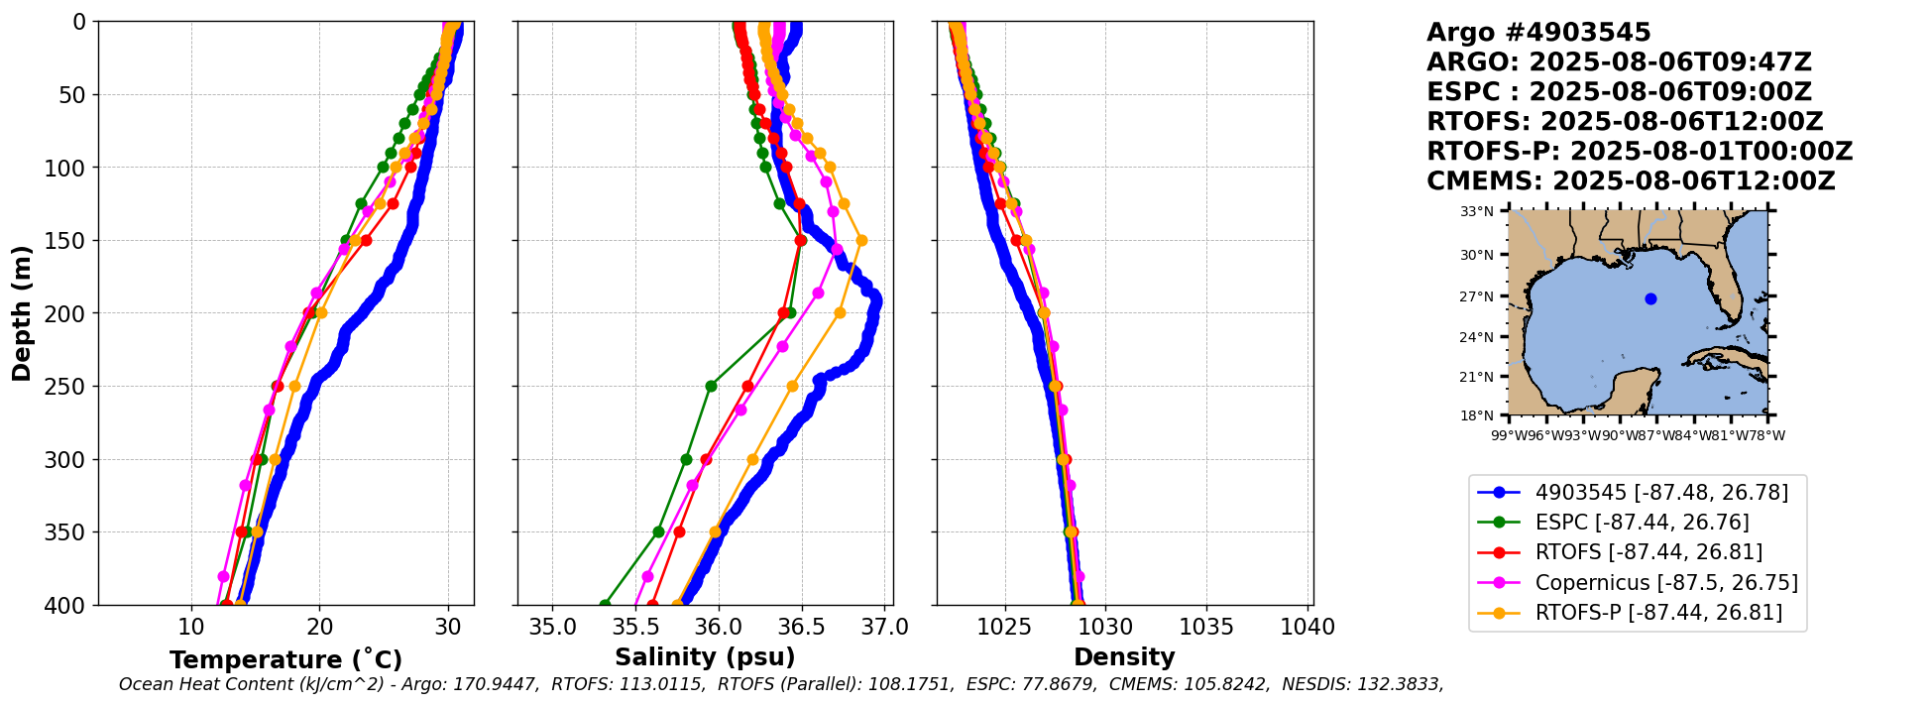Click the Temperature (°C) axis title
[x=285, y=659]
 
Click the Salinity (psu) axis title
[x=705, y=657]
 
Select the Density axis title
[x=1124, y=657]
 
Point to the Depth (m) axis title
[x=22, y=312]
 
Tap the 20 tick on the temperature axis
[x=319, y=627]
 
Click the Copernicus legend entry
[x=1665, y=582]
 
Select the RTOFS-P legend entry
[x=1657, y=613]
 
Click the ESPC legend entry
[x=1642, y=522]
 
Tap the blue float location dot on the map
[x=1650, y=298]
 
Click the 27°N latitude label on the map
[x=1477, y=296]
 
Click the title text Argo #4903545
[x=1538, y=33]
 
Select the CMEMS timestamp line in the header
[x=1631, y=181]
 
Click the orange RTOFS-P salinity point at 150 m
[x=861, y=240]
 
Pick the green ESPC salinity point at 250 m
[x=711, y=386]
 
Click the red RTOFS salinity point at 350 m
[x=679, y=531]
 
